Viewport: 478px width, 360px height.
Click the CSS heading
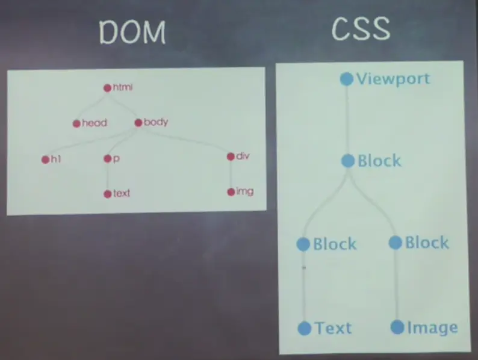pyautogui.click(x=360, y=29)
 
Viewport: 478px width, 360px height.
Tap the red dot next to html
pyautogui.click(x=107, y=88)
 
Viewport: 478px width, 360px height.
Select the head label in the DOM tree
pyautogui.click(x=94, y=123)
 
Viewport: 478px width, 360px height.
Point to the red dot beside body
pyautogui.click(x=138, y=123)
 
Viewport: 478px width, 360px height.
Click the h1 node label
pyautogui.click(x=55, y=160)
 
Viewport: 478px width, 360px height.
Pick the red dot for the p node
pyautogui.click(x=107, y=159)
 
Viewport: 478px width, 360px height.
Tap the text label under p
pyautogui.click(x=121, y=194)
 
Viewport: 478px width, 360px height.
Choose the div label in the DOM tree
pyautogui.click(x=243, y=157)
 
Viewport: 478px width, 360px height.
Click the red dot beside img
pyautogui.click(x=231, y=192)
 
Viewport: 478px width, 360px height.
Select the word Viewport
pyautogui.click(x=393, y=79)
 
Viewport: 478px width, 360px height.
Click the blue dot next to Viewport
pyautogui.click(x=346, y=79)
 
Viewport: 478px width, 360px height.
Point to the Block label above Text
pyautogui.click(x=335, y=244)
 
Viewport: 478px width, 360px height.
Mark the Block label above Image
pyautogui.click(x=426, y=243)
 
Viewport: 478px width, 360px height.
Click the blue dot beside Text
pyautogui.click(x=305, y=328)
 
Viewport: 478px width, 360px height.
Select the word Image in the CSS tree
pyautogui.click(x=432, y=327)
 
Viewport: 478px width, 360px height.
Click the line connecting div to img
pyautogui.click(x=231, y=175)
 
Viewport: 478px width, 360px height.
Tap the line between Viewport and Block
pyautogui.click(x=347, y=120)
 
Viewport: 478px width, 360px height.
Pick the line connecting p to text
pyautogui.click(x=107, y=176)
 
